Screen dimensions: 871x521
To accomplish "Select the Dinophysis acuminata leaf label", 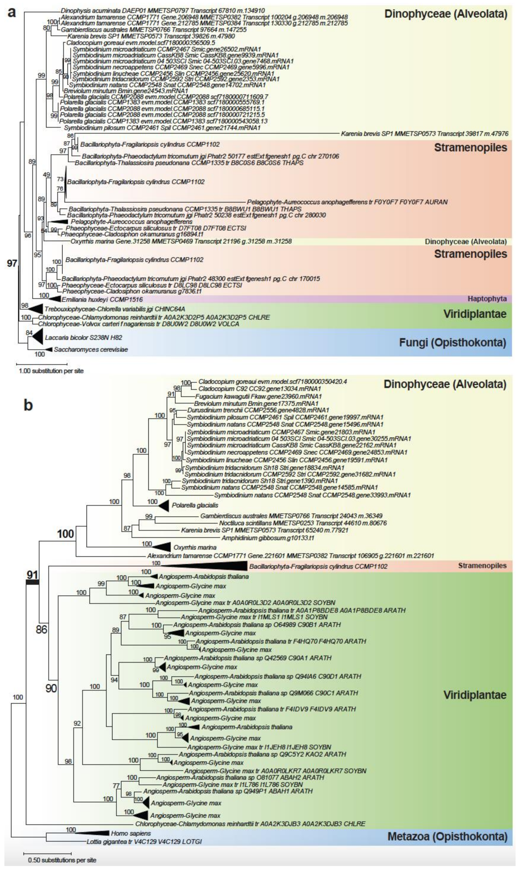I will (x=162, y=11).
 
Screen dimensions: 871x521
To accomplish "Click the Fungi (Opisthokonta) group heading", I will (x=453, y=342).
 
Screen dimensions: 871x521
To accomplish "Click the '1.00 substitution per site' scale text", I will (x=51, y=371).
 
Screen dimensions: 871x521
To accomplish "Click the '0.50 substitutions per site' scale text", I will (x=62, y=860).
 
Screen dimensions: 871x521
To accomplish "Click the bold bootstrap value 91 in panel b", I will (x=32, y=575).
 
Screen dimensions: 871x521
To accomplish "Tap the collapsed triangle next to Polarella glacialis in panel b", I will (x=163, y=505).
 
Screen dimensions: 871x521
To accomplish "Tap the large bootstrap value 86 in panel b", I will (x=41, y=629).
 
